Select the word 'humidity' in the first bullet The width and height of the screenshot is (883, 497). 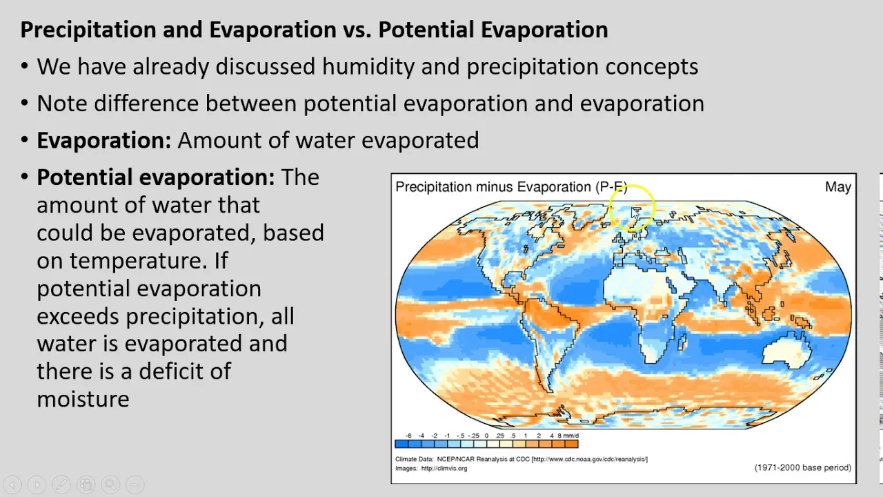point(368,66)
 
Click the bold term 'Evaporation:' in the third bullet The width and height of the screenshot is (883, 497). point(104,140)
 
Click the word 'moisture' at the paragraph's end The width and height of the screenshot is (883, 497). point(83,399)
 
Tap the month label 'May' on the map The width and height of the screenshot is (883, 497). point(837,187)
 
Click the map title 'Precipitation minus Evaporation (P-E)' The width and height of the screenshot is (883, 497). point(511,187)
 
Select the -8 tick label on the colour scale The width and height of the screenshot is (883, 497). point(408,436)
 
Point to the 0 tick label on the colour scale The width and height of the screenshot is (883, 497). point(486,436)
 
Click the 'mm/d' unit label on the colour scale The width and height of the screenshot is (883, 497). point(571,436)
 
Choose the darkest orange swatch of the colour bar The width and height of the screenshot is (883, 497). point(572,444)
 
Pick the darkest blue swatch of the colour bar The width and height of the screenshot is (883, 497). point(401,444)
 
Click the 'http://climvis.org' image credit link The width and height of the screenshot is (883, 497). point(444,469)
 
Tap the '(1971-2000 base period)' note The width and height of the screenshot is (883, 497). point(802,468)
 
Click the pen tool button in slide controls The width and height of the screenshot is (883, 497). point(61,485)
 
